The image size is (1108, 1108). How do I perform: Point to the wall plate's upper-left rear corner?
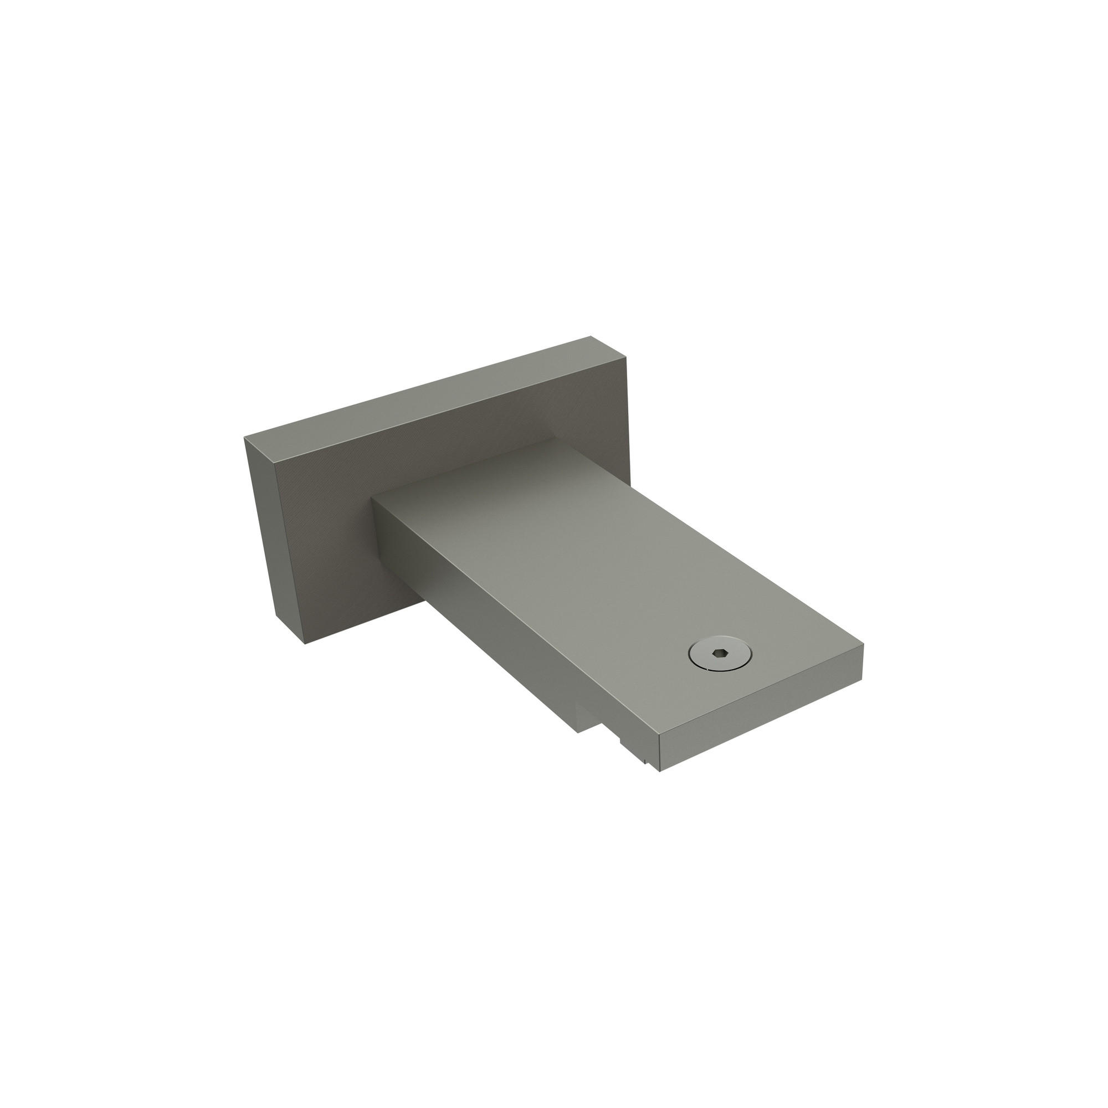245,438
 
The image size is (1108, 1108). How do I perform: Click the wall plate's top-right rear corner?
591,337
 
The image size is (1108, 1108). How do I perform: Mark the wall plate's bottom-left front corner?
305,643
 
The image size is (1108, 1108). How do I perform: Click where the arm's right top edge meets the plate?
555,439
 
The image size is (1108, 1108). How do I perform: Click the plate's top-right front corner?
626,358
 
